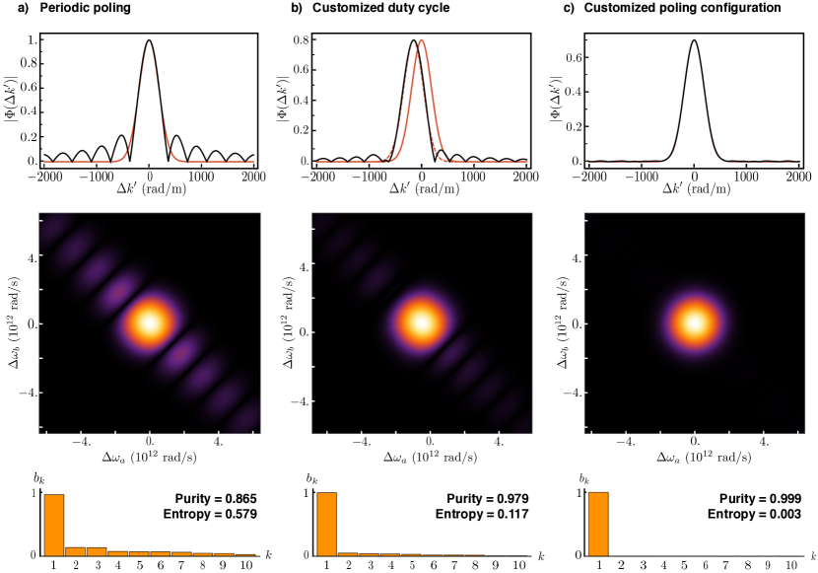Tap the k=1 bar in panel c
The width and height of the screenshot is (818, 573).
point(598,525)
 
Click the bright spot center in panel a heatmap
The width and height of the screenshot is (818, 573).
point(150,322)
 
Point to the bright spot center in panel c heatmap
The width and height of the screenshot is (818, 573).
point(695,322)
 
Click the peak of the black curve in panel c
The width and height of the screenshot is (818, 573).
point(695,40)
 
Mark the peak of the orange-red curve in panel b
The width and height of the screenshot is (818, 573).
point(422,40)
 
